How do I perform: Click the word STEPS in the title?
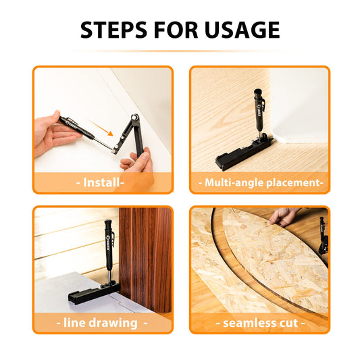(113, 30)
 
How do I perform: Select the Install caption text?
(101, 182)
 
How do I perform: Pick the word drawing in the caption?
(113, 323)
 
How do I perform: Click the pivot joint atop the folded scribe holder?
(135, 118)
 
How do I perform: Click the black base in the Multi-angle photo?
(243, 153)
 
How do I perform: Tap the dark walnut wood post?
(145, 259)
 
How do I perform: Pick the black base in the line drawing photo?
(93, 293)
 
